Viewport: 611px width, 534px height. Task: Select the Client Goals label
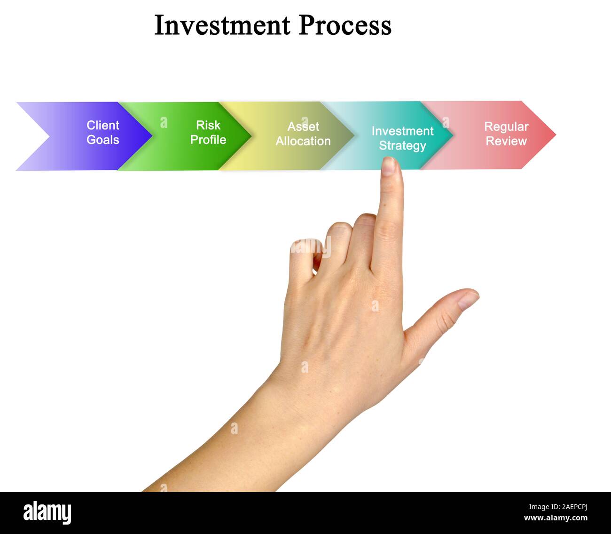tap(103, 132)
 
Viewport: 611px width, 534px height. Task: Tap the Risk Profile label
tap(208, 132)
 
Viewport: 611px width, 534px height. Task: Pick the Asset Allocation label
tap(303, 134)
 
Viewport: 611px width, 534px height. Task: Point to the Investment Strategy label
tap(402, 138)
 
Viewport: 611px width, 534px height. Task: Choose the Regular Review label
tap(506, 134)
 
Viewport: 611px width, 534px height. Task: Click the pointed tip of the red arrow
tap(555, 135)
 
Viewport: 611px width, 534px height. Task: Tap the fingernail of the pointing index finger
tap(389, 166)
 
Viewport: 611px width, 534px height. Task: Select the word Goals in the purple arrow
tap(103, 140)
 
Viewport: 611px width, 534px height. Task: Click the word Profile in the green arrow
tap(208, 140)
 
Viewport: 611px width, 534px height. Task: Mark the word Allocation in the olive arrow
tap(303, 141)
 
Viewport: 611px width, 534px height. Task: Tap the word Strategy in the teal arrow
tap(402, 145)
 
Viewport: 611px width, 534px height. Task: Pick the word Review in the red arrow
tap(506, 141)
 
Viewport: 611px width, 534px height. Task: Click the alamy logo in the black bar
tap(47, 512)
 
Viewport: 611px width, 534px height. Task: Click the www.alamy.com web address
tap(556, 518)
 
